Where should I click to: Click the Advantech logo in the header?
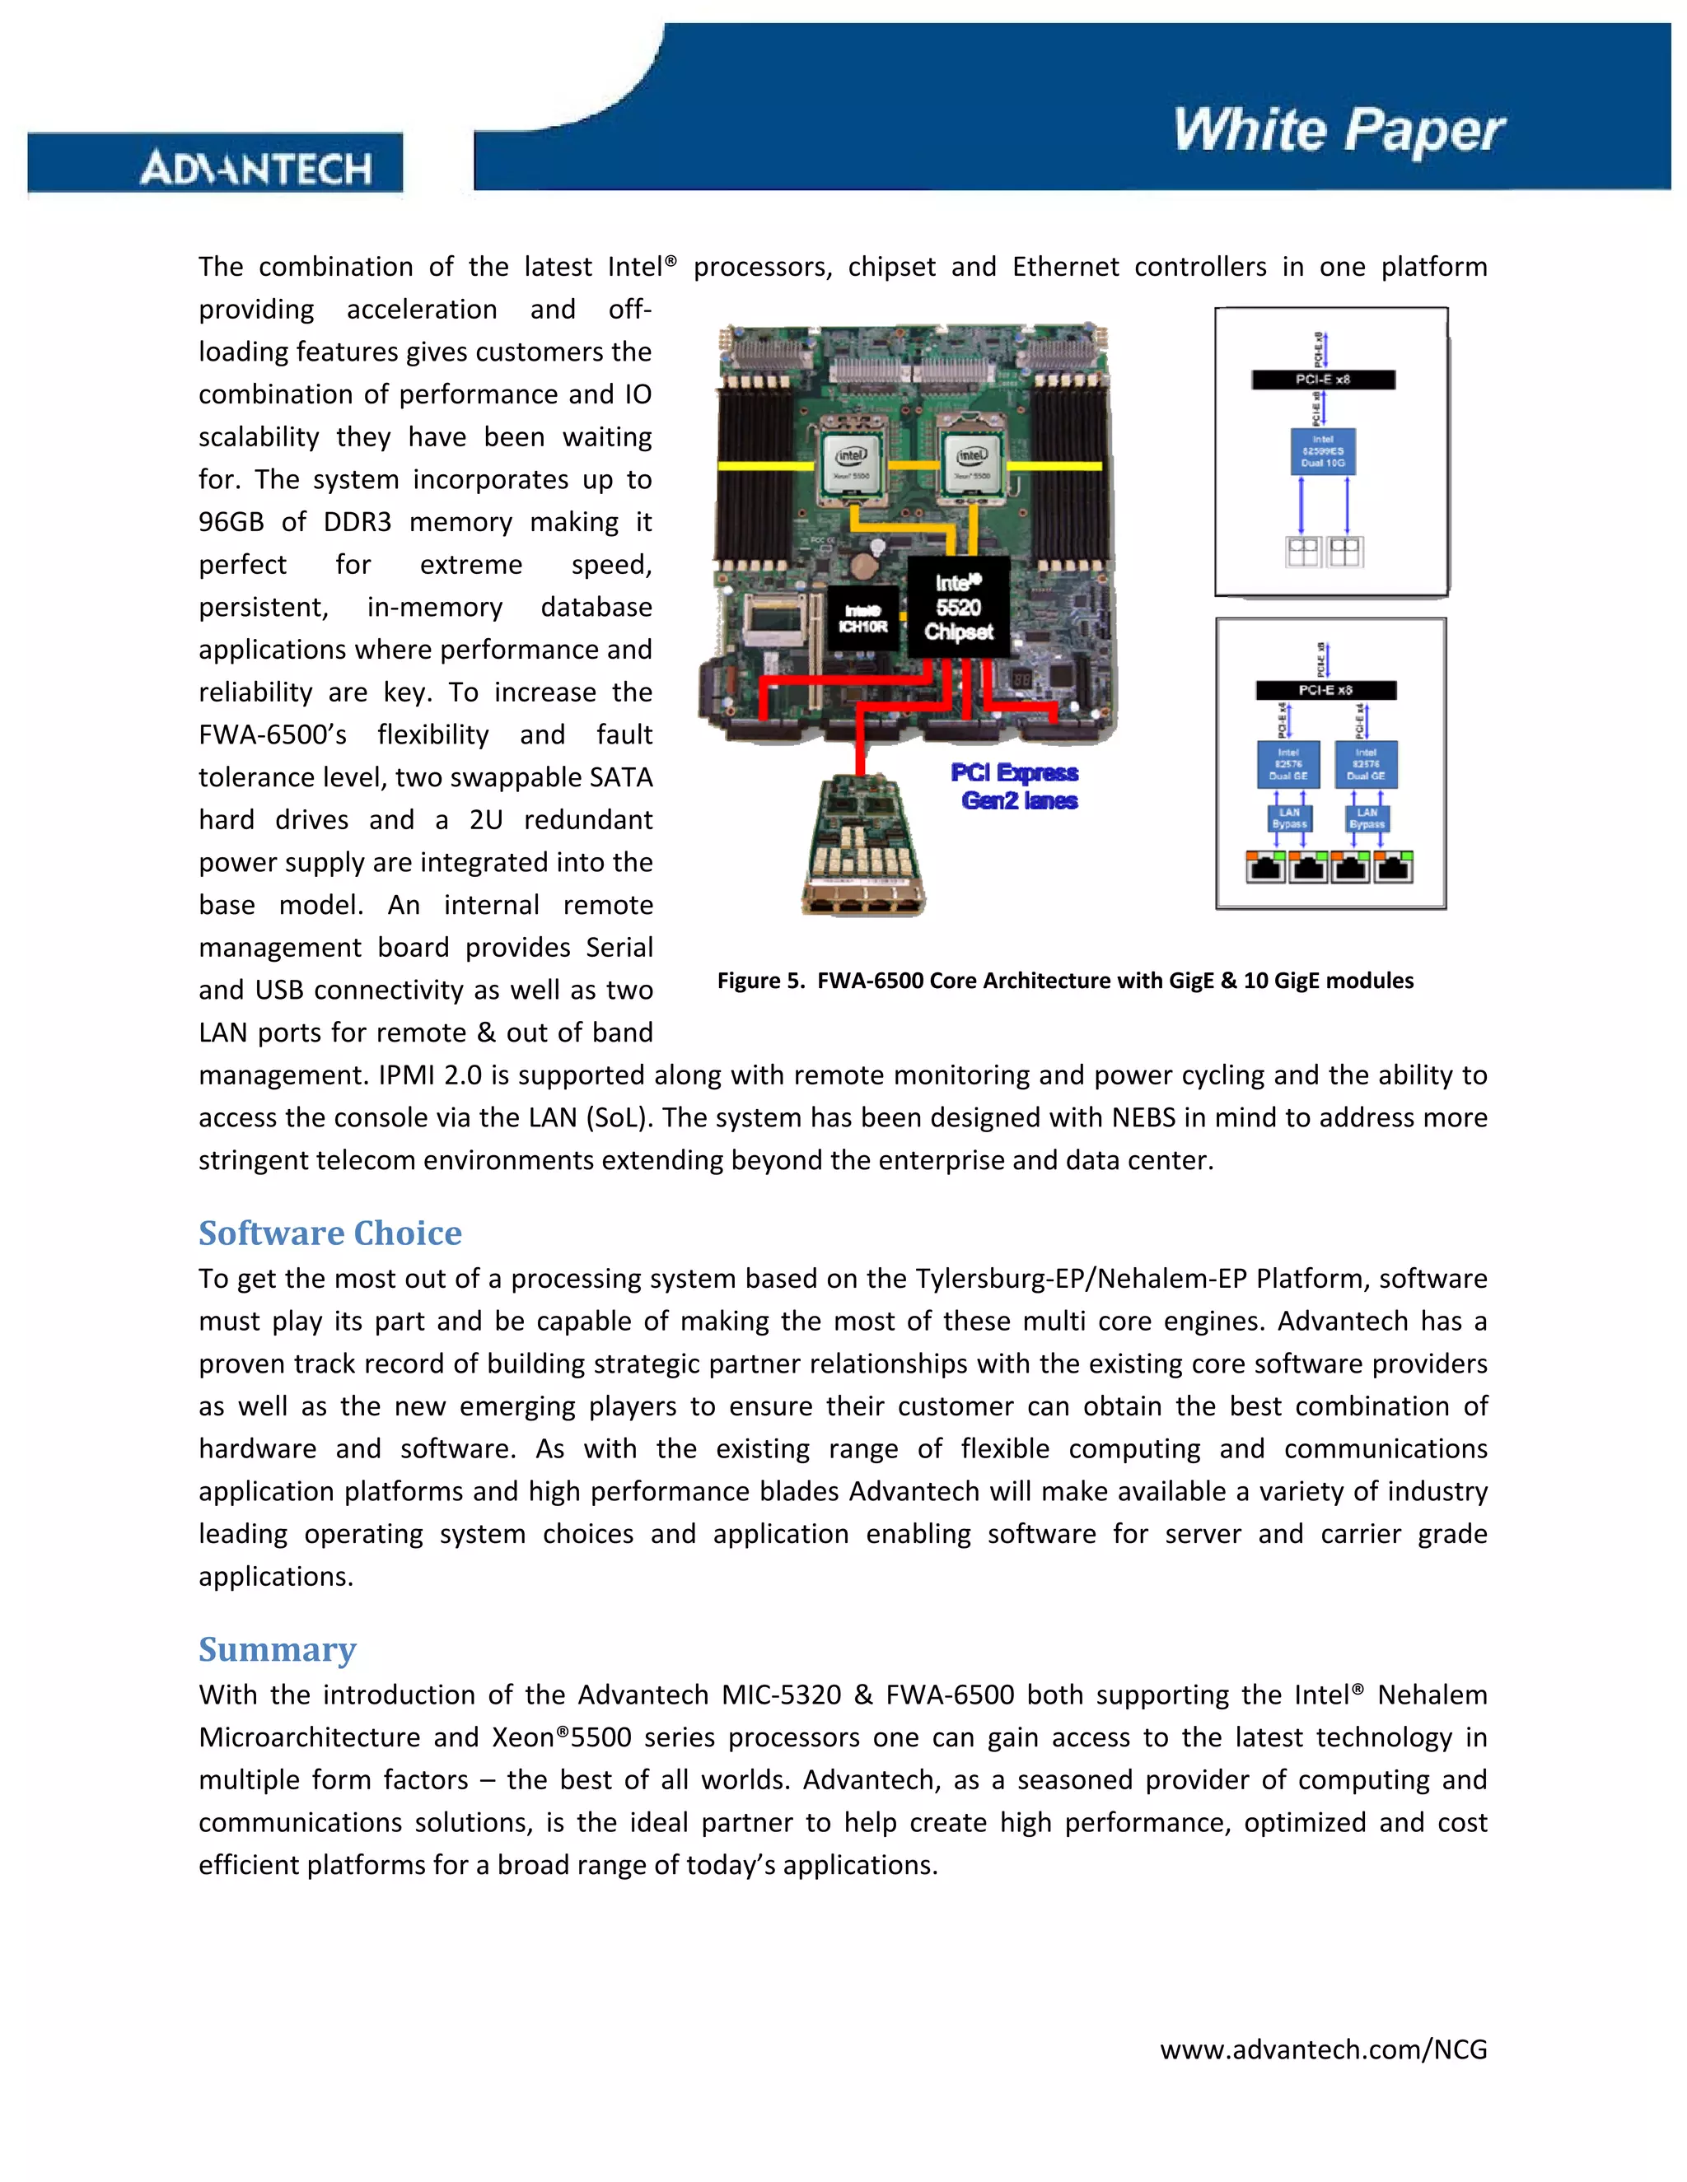click(256, 167)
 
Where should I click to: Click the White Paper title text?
click(1339, 131)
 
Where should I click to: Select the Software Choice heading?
click(329, 1233)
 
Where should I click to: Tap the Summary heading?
click(277, 1649)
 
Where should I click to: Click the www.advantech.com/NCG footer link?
click(1322, 2049)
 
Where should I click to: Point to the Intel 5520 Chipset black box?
click(957, 608)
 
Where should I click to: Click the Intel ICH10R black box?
click(862, 619)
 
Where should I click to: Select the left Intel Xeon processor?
click(850, 464)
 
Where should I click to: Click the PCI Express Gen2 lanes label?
click(1016, 786)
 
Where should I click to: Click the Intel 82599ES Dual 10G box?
click(1322, 451)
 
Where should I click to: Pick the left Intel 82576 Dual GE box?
click(1287, 765)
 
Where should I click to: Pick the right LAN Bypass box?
click(1367, 818)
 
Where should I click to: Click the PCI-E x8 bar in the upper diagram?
click(1322, 380)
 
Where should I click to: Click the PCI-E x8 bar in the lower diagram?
click(1325, 690)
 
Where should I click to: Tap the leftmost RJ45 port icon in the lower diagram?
click(1266, 867)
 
